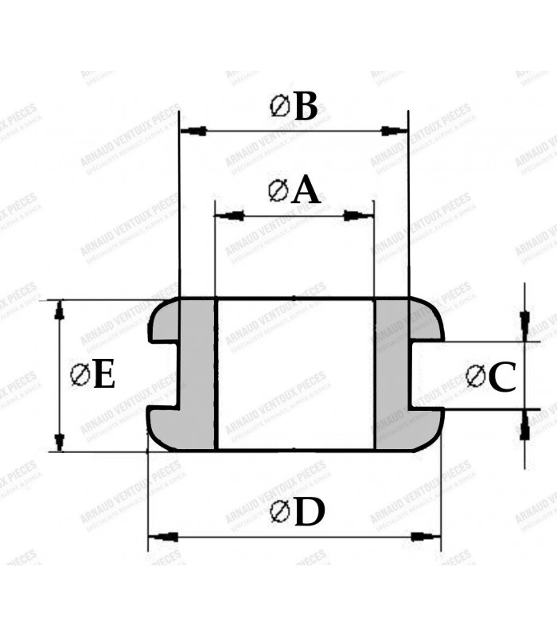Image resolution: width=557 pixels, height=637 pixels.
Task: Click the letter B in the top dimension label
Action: pos(306,107)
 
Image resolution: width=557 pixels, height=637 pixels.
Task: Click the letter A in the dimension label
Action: pos(305,191)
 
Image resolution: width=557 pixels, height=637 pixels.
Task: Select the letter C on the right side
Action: pos(502,379)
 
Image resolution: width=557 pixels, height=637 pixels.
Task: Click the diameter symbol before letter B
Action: pos(280,107)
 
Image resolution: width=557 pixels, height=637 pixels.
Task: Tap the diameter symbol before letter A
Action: pos(278,191)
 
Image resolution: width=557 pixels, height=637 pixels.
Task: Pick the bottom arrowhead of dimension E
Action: pos(59,440)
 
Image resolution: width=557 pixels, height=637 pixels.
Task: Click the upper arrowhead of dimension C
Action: pos(524,322)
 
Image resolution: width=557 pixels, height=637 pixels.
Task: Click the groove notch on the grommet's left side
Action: pos(162,375)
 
